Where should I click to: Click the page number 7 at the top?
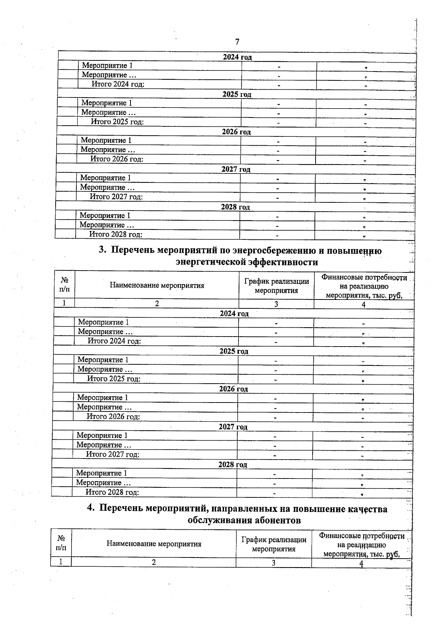pyautogui.click(x=237, y=41)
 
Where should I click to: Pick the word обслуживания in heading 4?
pyautogui.click(x=218, y=520)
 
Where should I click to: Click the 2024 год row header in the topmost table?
pyautogui.click(x=237, y=57)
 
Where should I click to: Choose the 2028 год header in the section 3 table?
pyautogui.click(x=233, y=464)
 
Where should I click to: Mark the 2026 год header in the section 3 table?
pyautogui.click(x=233, y=389)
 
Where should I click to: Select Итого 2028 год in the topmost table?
pyautogui.click(x=116, y=234)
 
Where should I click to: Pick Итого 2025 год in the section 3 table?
pyautogui.click(x=113, y=378)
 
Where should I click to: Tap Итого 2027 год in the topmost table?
pyautogui.click(x=116, y=197)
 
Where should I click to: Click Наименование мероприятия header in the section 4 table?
pyautogui.click(x=154, y=544)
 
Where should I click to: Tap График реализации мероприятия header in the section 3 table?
pyautogui.click(x=276, y=286)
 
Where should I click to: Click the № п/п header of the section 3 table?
pyautogui.click(x=64, y=285)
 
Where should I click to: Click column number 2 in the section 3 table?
pyautogui.click(x=157, y=304)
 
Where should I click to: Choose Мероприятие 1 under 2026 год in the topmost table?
pyautogui.click(x=106, y=140)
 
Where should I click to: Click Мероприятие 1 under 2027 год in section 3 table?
pyautogui.click(x=102, y=436)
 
